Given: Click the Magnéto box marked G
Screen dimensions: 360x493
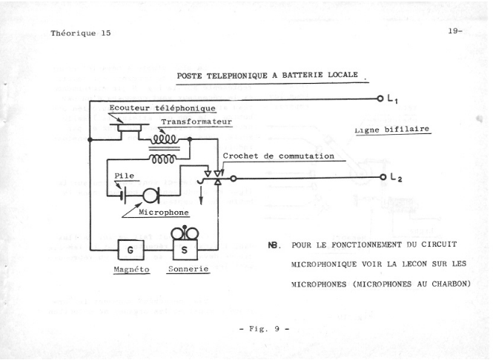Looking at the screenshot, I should click(130, 250).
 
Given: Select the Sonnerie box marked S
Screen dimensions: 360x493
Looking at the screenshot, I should click(184, 250).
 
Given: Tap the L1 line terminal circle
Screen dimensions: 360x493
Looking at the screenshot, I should click(380, 99).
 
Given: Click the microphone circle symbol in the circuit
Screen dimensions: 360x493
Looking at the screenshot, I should click(151, 196).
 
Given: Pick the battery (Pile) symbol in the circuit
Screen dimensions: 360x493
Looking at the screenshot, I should click(123, 196).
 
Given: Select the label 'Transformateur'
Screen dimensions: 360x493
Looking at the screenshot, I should click(196, 121).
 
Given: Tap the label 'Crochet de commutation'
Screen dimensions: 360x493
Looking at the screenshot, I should click(279, 156).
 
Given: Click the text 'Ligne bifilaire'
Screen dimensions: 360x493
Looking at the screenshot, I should click(394, 129).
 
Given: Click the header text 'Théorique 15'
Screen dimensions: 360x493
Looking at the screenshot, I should click(81, 33).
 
